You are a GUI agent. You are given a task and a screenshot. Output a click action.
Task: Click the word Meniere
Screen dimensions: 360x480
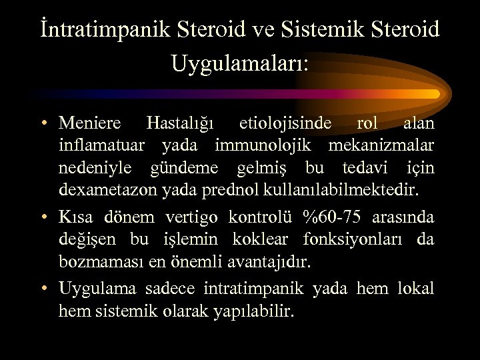point(90,123)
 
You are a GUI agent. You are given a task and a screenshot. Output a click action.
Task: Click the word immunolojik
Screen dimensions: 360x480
point(267,146)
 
